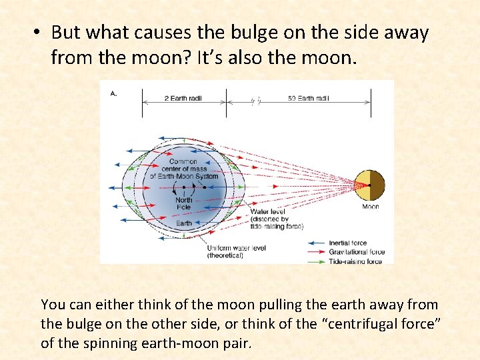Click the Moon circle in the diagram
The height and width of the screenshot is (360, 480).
pyautogui.click(x=369, y=185)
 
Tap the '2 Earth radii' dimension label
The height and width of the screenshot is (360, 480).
pyautogui.click(x=183, y=99)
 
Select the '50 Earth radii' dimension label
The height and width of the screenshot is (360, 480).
pyautogui.click(x=309, y=99)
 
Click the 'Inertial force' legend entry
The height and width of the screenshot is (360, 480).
pyautogui.click(x=347, y=243)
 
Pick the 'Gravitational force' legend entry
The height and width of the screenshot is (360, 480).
pyautogui.click(x=356, y=253)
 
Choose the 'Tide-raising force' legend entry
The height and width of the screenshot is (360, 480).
pyautogui.click(x=355, y=262)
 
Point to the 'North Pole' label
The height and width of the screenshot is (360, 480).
pyautogui.click(x=184, y=203)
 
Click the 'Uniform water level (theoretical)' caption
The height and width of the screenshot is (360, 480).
pyautogui.click(x=236, y=251)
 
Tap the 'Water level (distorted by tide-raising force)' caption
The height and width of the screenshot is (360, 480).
pyautogui.click(x=276, y=219)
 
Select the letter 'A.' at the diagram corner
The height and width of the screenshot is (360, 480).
pyautogui.click(x=113, y=93)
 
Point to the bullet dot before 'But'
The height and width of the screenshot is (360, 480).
pyautogui.click(x=39, y=32)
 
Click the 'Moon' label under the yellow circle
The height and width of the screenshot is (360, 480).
pyautogui.click(x=370, y=207)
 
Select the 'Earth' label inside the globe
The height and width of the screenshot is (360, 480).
pyautogui.click(x=184, y=223)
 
